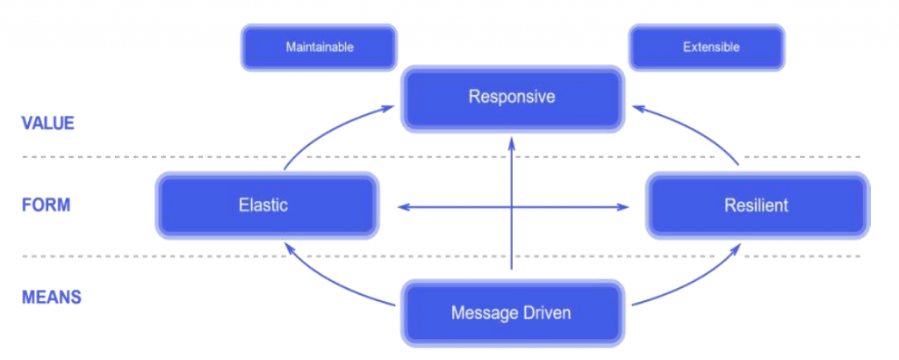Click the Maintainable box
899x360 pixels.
pyautogui.click(x=319, y=47)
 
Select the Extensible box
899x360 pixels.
pyautogui.click(x=707, y=47)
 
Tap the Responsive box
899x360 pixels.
pyautogui.click(x=512, y=98)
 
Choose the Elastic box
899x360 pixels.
pyautogui.click(x=267, y=205)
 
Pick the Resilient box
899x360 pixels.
pyautogui.click(x=758, y=205)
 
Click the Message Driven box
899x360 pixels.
pyautogui.click(x=512, y=313)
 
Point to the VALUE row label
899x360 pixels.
pyautogui.click(x=47, y=123)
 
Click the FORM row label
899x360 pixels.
pyautogui.click(x=46, y=205)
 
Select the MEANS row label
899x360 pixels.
pyautogui.click(x=52, y=298)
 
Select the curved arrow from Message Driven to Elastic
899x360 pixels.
pyautogui.click(x=330, y=282)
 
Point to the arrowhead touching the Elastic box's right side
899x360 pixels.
pyautogui.click(x=404, y=207)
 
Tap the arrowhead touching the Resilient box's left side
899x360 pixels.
pyautogui.click(x=623, y=207)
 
